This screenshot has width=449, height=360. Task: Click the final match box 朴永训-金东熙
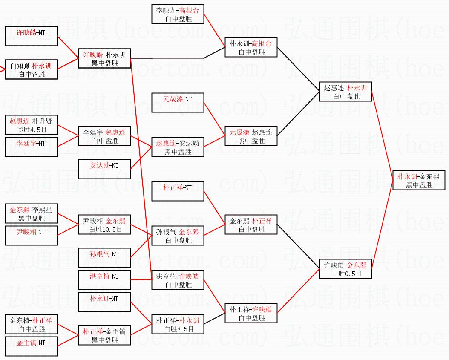[419, 180]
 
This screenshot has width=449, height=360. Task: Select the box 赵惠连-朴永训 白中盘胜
[345, 92]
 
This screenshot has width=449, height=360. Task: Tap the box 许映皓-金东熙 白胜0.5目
[345, 269]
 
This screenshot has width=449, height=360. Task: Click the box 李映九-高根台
[178, 14]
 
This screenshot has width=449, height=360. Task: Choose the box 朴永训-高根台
[251, 47]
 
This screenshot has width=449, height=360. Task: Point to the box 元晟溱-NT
[178, 103]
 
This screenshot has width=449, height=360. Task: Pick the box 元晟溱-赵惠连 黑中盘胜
[251, 136]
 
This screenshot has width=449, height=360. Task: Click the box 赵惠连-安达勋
[178, 147]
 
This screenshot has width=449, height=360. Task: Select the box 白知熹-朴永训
[31, 69]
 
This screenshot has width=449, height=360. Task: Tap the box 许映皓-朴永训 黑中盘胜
[104, 58]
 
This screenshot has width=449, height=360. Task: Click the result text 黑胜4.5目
[32, 130]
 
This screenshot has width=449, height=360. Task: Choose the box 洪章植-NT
[104, 280]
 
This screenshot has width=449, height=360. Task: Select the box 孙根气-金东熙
[178, 236]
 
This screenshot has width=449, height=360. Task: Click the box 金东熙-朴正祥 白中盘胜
[251, 225]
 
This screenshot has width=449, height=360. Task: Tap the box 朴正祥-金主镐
[104, 335]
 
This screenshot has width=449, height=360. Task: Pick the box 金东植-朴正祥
[31, 324]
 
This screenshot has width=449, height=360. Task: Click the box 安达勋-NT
[104, 169]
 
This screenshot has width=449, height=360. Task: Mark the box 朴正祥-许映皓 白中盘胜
[251, 313]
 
